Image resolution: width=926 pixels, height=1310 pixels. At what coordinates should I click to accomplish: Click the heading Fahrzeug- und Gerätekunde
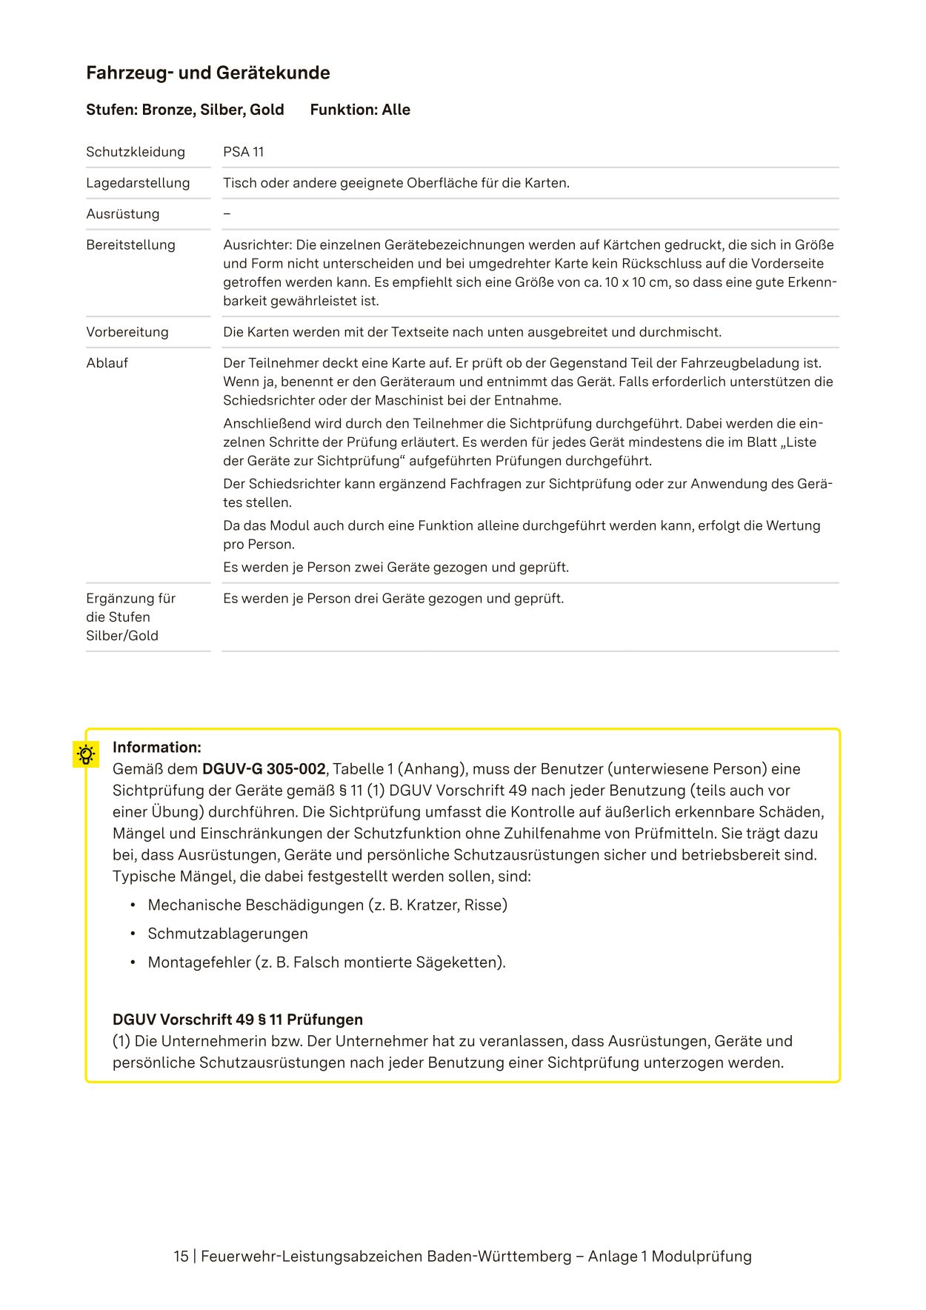(207, 73)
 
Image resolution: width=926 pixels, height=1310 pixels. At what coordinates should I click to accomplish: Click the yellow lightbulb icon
(86, 754)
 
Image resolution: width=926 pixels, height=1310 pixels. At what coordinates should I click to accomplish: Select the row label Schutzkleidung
(136, 152)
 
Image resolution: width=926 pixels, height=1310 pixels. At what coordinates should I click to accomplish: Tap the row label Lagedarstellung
(138, 183)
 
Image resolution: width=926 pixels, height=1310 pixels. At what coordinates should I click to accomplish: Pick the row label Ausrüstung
(122, 214)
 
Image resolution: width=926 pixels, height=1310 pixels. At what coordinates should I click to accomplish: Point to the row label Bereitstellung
(130, 245)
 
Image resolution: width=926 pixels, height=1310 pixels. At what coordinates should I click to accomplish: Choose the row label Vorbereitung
(127, 332)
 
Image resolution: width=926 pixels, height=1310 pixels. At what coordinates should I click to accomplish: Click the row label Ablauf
(107, 363)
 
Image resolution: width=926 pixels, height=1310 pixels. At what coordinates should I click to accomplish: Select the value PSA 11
(243, 152)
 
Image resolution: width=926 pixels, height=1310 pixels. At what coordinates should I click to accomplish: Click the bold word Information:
(156, 747)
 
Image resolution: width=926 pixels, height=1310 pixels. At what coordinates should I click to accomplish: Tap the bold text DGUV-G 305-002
(264, 769)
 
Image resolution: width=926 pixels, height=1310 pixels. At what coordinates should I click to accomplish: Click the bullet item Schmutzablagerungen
(227, 934)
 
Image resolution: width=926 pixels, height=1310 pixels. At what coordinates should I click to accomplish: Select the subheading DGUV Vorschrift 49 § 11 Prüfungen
(237, 1020)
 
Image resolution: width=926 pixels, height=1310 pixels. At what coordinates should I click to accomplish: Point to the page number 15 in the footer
(181, 1257)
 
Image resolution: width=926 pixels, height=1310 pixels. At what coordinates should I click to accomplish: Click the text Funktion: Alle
(360, 110)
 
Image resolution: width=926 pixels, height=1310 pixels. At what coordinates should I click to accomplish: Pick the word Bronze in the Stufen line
(168, 110)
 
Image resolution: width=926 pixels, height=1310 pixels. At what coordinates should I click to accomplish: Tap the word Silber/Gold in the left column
(122, 636)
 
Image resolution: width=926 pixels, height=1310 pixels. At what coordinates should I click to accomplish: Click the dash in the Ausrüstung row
(227, 214)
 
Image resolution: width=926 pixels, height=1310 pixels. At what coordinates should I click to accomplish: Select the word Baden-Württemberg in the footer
(499, 1257)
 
